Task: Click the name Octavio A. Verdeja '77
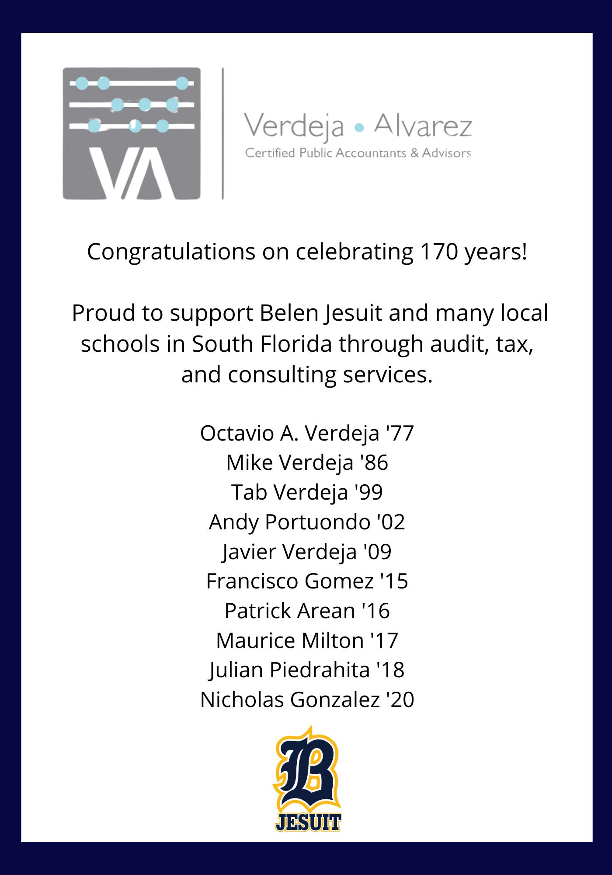click(307, 434)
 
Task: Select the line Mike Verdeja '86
click(307, 463)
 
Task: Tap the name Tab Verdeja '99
click(307, 492)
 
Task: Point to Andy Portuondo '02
click(307, 522)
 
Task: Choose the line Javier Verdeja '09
click(307, 551)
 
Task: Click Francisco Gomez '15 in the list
click(307, 581)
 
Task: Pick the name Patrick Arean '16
click(307, 611)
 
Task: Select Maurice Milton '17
click(307, 640)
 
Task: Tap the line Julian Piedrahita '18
click(307, 670)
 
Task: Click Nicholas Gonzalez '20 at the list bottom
click(307, 700)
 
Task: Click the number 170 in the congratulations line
click(437, 252)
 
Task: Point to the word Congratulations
click(171, 253)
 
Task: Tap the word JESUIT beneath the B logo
click(308, 822)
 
